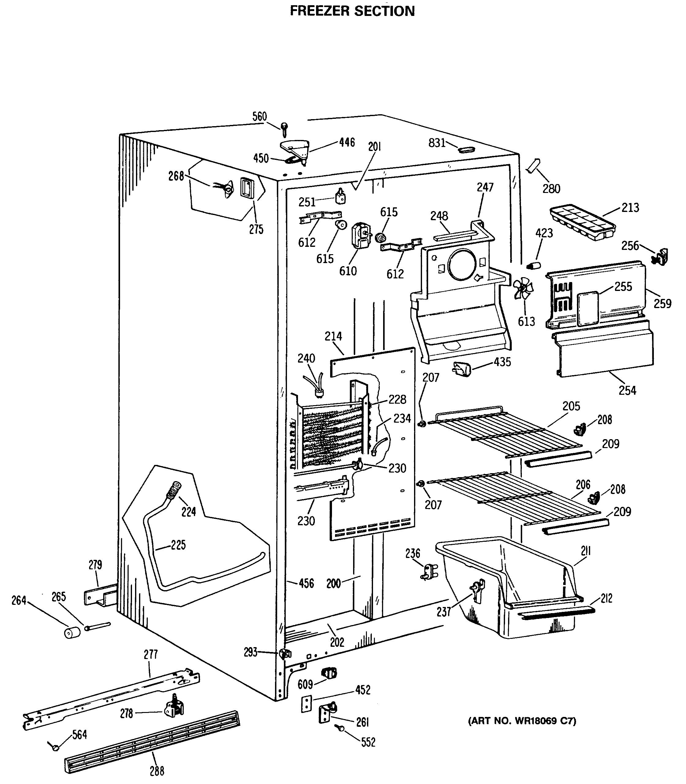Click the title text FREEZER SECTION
tap(352, 11)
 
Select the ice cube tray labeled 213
tap(582, 222)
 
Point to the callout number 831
tap(436, 143)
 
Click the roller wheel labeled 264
tap(72, 632)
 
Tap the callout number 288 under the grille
tap(157, 771)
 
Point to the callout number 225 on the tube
tap(178, 545)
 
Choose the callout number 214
tap(333, 337)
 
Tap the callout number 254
tap(627, 390)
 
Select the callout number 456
tap(306, 583)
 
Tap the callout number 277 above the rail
tap(150, 655)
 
